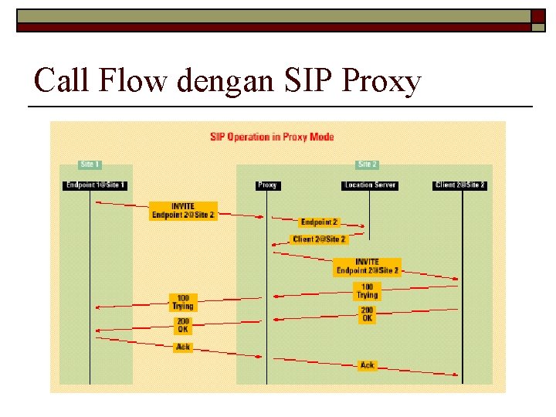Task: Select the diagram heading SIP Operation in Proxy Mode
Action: pos(272,137)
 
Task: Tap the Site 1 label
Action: pos(90,164)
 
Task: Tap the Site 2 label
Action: pos(368,164)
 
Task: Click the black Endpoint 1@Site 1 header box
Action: pos(96,185)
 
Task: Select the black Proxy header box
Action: pos(267,185)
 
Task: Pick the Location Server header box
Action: pos(370,185)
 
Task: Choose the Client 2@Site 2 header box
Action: pos(460,185)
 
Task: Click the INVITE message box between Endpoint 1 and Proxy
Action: pos(183,211)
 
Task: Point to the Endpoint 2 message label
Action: pos(319,222)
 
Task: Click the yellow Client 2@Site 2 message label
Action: pos(319,239)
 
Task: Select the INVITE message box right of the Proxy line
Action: pos(368,266)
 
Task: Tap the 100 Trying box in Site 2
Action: pos(367,291)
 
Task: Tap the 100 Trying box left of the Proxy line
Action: pos(183,302)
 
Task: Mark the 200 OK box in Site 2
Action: pos(367,314)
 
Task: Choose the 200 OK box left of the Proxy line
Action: pos(183,325)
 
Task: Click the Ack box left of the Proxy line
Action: pos(183,347)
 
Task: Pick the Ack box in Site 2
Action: pos(368,364)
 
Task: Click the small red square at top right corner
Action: pos(537,16)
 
